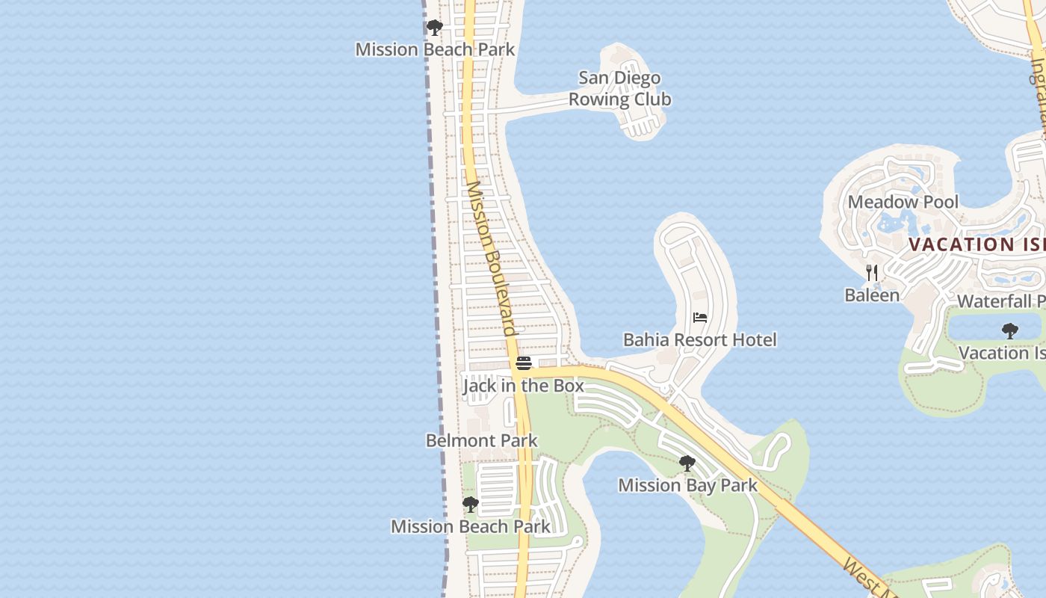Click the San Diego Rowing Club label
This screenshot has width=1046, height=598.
(x=619, y=88)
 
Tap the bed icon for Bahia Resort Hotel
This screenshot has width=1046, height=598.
(x=700, y=318)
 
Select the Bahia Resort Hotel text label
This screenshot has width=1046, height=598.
(x=700, y=340)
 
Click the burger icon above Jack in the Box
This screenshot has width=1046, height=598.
(x=523, y=363)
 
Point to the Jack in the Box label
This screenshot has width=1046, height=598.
(x=523, y=386)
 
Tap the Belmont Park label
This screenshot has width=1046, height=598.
(x=481, y=440)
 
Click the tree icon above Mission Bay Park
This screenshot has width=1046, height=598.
(x=687, y=463)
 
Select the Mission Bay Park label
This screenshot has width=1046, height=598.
(x=687, y=485)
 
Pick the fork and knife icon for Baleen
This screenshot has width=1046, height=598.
(x=872, y=273)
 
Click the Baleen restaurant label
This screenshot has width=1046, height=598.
(x=872, y=295)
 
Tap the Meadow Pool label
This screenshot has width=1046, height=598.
(x=903, y=202)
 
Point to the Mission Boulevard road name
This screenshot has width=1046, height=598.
(x=492, y=259)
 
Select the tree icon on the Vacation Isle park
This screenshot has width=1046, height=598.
(x=1009, y=330)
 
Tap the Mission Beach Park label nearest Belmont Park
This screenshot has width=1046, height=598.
(x=471, y=526)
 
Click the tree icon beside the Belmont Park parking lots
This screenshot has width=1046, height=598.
(x=470, y=505)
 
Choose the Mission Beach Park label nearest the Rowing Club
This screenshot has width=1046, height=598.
(x=435, y=49)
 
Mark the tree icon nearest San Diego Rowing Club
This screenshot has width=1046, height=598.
(x=434, y=28)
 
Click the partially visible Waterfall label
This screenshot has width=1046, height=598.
(x=1000, y=301)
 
